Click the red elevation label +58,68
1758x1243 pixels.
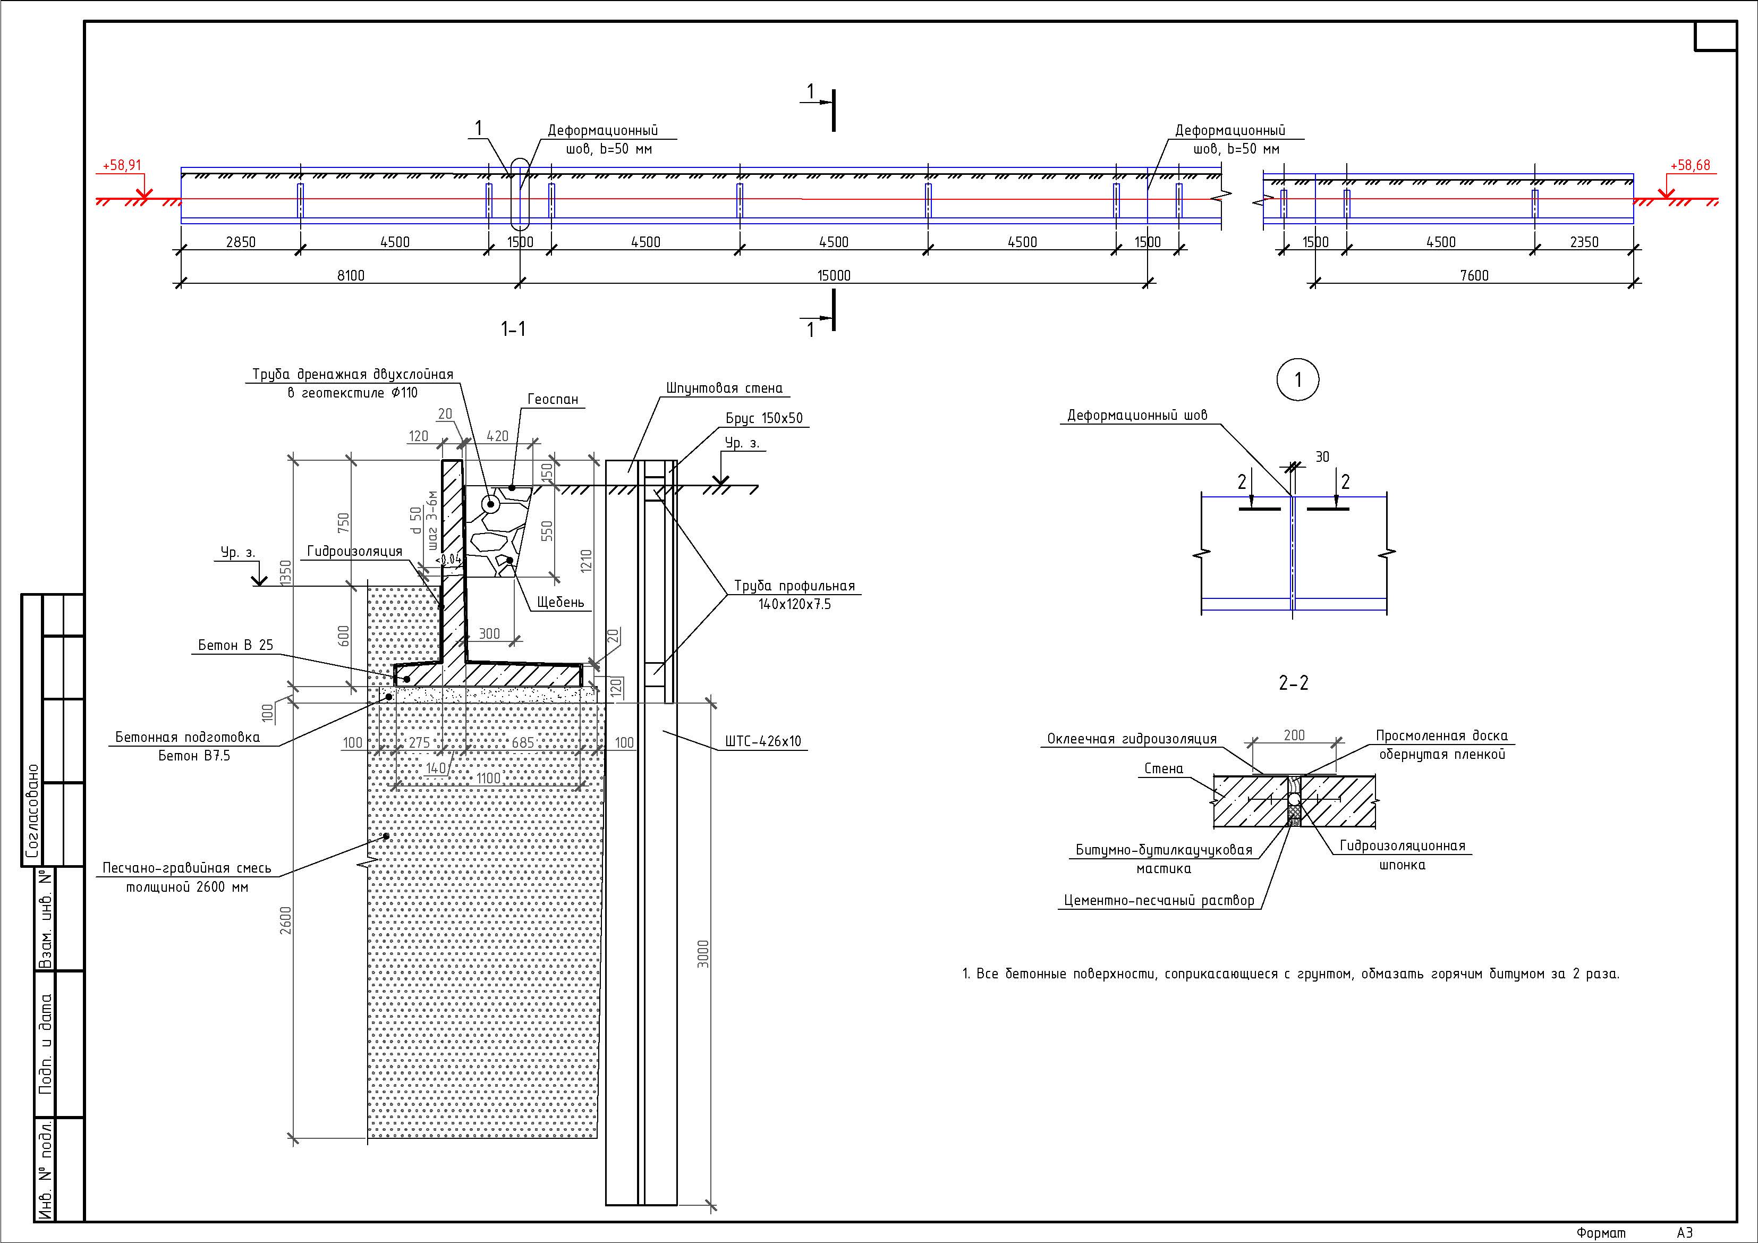(1690, 165)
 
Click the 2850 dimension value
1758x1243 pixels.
(241, 242)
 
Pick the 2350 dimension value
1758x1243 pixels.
(1583, 242)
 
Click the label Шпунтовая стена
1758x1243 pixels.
(724, 388)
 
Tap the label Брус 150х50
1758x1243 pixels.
(764, 418)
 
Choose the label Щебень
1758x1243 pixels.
(560, 602)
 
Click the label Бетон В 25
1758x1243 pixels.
(235, 645)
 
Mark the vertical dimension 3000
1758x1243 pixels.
(703, 953)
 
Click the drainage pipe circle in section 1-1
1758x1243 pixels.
(490, 504)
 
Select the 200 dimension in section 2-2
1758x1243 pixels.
(1294, 735)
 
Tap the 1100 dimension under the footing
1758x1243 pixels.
(488, 778)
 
